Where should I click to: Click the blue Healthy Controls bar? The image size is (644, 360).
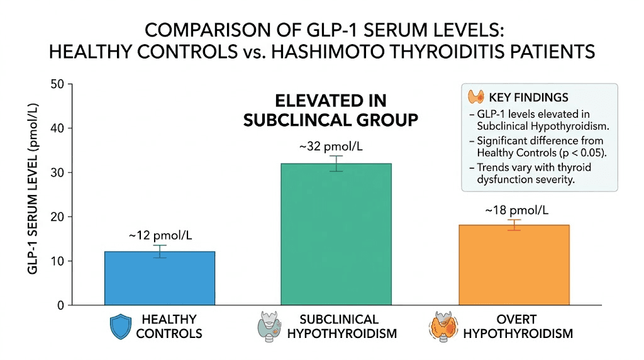pos(160,278)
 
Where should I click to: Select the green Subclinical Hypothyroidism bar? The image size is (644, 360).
pos(336,234)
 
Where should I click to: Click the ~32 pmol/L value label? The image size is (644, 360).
pos(336,147)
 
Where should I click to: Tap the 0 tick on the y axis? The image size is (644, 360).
pos(60,305)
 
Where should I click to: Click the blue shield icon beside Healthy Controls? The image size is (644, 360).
pos(119,327)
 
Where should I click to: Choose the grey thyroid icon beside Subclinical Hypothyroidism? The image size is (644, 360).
pos(269,327)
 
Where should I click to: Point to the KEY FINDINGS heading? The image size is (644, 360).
pos(528,98)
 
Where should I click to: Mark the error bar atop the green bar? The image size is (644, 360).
pos(336,164)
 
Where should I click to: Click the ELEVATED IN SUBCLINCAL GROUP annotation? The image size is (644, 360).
pos(331,110)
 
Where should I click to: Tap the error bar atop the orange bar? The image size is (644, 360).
pos(514,225)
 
